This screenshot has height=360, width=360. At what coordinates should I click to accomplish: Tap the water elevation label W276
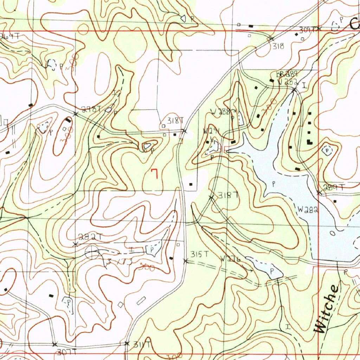click(x=231, y=259)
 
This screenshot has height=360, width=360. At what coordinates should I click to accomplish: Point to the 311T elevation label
click(x=142, y=345)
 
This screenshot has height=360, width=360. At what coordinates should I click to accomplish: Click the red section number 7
click(x=154, y=173)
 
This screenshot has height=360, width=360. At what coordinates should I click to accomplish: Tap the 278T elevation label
click(x=91, y=110)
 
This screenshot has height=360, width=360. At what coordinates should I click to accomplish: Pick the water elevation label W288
click(x=221, y=112)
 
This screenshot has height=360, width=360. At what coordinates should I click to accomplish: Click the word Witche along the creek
click(x=327, y=309)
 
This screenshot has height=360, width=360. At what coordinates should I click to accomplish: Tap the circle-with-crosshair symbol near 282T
click(x=92, y=252)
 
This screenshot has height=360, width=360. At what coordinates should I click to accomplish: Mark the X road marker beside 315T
click(x=186, y=261)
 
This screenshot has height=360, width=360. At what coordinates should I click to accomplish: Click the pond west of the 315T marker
click(x=154, y=249)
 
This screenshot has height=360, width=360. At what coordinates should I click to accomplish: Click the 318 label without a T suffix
click(x=279, y=46)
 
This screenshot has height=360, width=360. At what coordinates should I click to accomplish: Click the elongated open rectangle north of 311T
click(x=141, y=300)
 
